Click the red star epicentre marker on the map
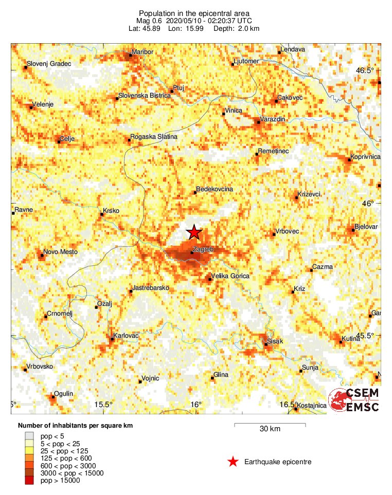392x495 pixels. tap(194, 232)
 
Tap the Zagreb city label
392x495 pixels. tap(203, 248)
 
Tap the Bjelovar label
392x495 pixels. tap(367, 227)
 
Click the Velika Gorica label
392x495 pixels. tap(231, 276)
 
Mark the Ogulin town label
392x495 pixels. tap(64, 393)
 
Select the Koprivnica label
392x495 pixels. tap(365, 156)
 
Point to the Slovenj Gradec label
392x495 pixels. tap(49, 63)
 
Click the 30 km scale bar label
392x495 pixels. tap(270, 429)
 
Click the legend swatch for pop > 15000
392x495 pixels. tap(31, 480)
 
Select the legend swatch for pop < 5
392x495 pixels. tap(31, 436)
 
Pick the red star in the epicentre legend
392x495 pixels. tap(233, 462)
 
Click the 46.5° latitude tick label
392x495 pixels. tap(367, 70)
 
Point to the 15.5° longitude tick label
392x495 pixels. tap(103, 405)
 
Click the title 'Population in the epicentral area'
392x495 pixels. tap(194, 13)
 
